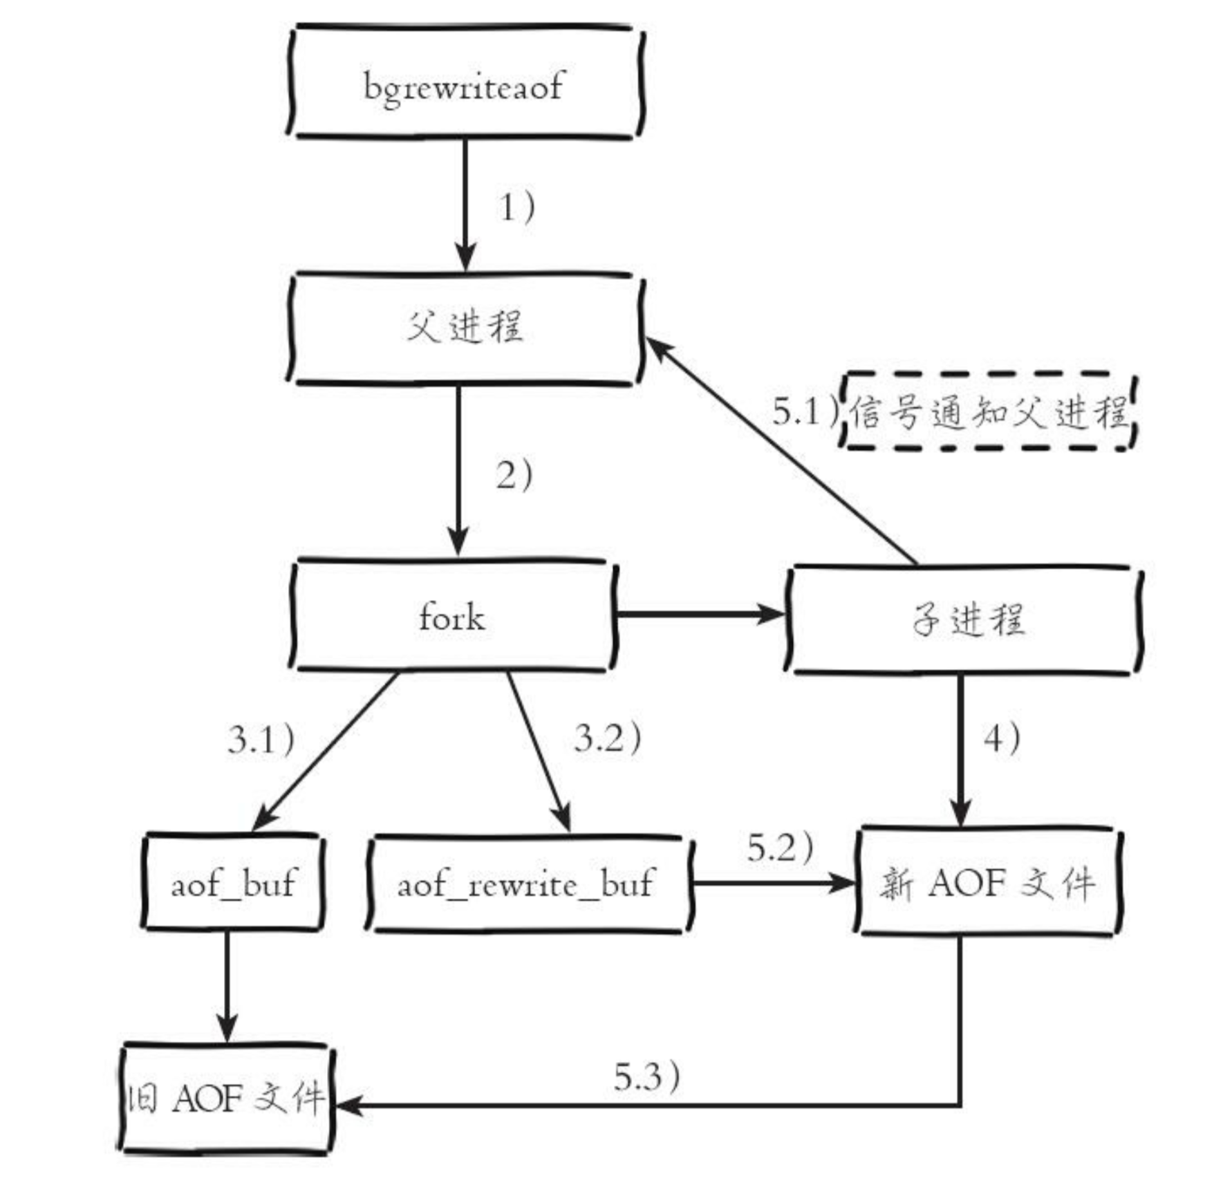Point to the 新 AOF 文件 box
987,883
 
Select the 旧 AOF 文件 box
225,1098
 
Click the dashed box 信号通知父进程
989,413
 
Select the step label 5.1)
804,411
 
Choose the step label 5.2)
780,848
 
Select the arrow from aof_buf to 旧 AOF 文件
227,985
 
